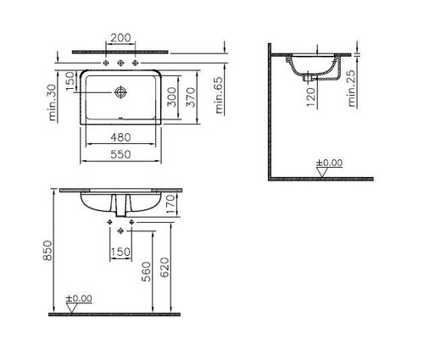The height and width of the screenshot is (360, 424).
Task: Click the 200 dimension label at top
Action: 120,38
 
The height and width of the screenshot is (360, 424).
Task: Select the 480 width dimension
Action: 120,137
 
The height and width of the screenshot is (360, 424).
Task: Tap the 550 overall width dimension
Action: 120,154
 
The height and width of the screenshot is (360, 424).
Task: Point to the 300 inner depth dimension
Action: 171,97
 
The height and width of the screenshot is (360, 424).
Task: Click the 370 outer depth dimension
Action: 191,97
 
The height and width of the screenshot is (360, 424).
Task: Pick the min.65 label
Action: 219,95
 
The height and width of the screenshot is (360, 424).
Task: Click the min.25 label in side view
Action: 351,88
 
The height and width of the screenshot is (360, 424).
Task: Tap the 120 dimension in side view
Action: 310,97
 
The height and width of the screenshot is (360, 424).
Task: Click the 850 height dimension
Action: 47,251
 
